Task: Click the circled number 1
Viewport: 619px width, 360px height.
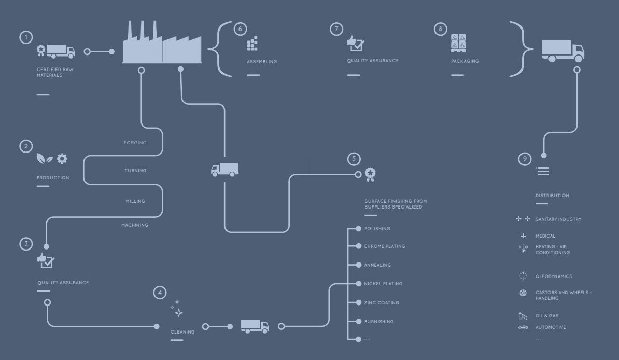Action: (26, 37)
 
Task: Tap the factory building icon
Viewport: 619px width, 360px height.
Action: (162, 45)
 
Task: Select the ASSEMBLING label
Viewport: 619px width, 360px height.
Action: (262, 62)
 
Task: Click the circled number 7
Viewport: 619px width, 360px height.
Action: (336, 29)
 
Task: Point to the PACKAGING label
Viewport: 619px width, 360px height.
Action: (465, 61)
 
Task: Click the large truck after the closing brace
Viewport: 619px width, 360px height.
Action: (562, 51)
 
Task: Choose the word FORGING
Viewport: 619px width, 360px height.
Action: (135, 143)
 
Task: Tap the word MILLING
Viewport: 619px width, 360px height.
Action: (135, 201)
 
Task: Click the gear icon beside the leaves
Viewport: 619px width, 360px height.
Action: (62, 158)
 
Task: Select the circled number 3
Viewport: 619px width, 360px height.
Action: (26, 243)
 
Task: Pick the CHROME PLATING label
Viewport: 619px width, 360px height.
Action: (385, 246)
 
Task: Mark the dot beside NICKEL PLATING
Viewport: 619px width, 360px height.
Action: (358, 284)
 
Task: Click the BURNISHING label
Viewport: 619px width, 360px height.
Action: (379, 322)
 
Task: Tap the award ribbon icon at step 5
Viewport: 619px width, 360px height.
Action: (370, 174)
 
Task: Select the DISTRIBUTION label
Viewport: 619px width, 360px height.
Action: (552, 196)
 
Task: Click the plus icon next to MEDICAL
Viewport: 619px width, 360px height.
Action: (523, 236)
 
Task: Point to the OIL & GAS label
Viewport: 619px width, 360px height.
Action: (547, 316)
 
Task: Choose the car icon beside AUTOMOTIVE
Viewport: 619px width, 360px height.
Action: (523, 327)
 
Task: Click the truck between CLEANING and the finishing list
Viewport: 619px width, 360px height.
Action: (255, 326)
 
